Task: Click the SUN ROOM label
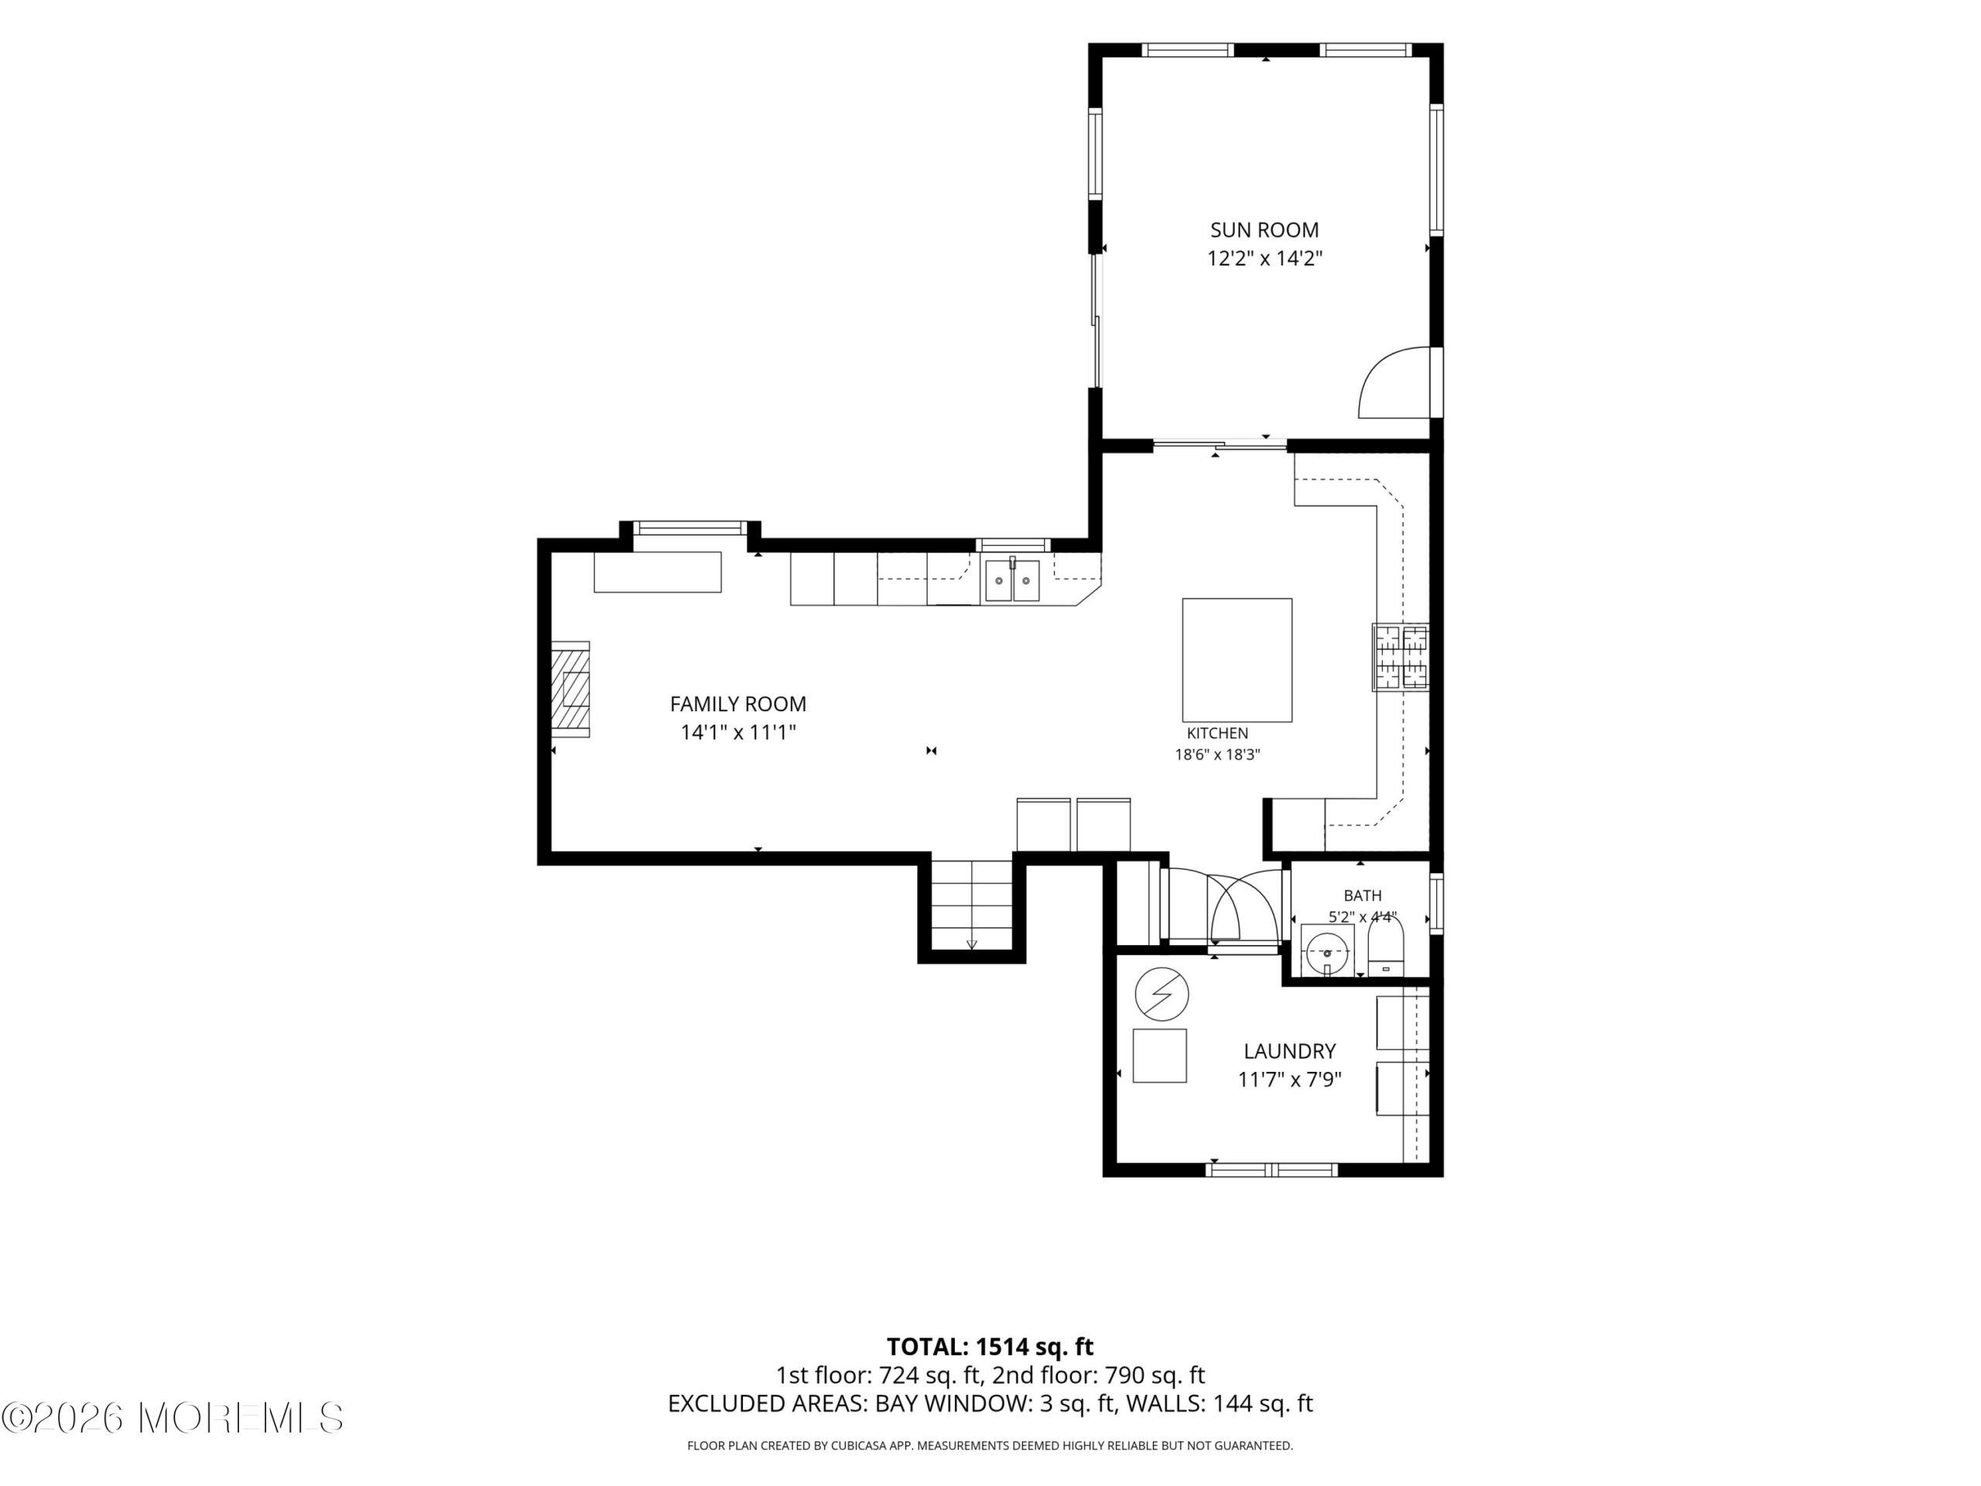tap(1264, 230)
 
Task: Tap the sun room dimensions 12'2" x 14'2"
tap(1264, 259)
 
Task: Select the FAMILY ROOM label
tap(738, 704)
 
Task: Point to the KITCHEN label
tap(1217, 733)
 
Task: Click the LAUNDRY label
tap(1290, 1051)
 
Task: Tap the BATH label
tap(1362, 895)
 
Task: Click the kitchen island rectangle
tap(1237, 659)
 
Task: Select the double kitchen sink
tap(1013, 580)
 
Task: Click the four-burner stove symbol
tap(1401, 657)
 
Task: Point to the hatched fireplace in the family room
tap(570, 689)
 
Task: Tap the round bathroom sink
tap(1326, 951)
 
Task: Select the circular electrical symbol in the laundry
tap(1162, 995)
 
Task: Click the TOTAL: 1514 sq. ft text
tap(990, 1346)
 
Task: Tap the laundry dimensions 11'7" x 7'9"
tap(1290, 1080)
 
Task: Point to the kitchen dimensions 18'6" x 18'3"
tap(1217, 754)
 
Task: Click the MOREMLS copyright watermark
tap(172, 1418)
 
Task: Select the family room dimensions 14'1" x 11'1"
tap(738, 733)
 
